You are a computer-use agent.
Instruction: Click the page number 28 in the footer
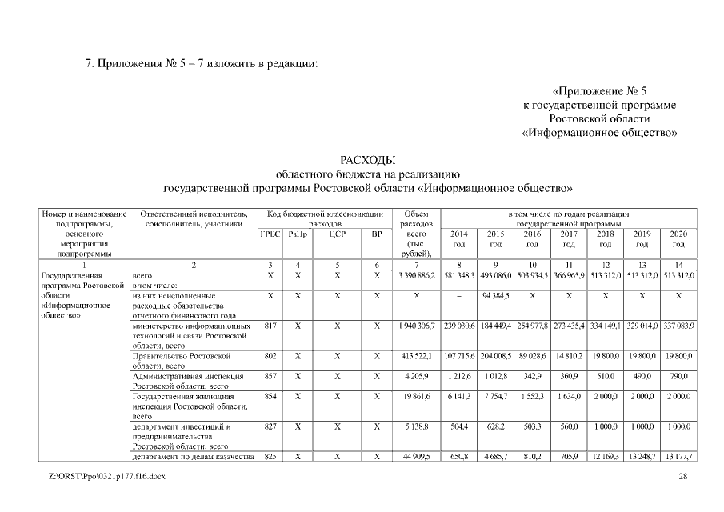click(x=682, y=477)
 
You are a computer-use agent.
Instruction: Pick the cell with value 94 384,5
click(x=495, y=295)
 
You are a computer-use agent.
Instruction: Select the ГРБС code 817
click(x=270, y=326)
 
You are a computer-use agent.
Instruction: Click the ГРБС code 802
click(x=270, y=355)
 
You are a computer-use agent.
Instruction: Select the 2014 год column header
click(x=458, y=238)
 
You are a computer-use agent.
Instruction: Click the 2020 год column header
click(x=678, y=238)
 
